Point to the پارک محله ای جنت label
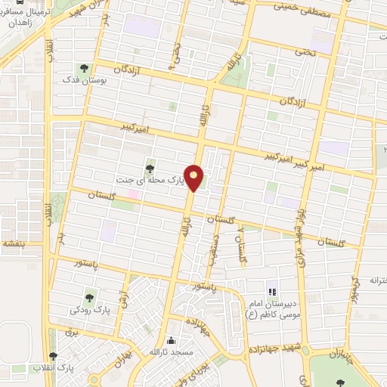tap(149, 181)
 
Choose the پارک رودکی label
tap(91, 310)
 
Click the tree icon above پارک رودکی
tap(91, 298)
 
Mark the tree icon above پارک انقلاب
tap(52, 357)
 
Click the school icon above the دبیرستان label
tap(271, 291)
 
